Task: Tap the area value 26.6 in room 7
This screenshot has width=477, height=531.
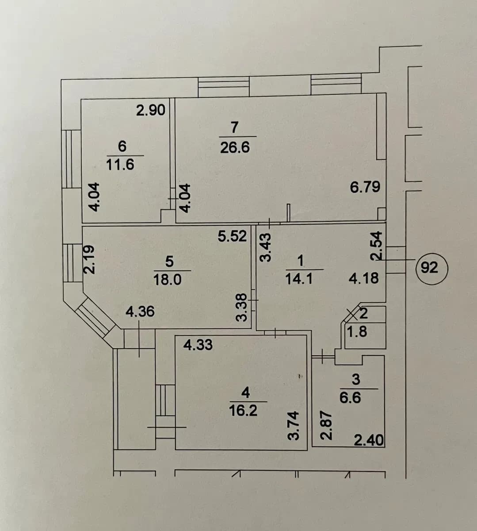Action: click(x=235, y=148)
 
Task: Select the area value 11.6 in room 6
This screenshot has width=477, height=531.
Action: click(x=120, y=165)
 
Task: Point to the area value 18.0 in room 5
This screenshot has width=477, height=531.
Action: click(x=168, y=280)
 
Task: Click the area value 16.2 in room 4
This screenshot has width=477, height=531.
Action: click(x=243, y=411)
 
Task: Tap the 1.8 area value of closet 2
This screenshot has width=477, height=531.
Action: click(x=358, y=332)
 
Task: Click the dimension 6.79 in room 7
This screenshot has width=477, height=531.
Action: click(x=365, y=187)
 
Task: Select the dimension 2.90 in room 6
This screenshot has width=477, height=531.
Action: click(x=151, y=110)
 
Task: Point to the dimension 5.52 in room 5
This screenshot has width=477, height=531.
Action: click(x=232, y=236)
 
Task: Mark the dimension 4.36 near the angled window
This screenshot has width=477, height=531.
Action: click(x=140, y=312)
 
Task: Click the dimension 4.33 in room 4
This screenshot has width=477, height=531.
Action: click(x=198, y=345)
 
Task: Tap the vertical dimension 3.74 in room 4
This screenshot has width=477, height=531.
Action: click(x=294, y=426)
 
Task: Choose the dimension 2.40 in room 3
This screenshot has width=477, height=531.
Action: click(x=369, y=441)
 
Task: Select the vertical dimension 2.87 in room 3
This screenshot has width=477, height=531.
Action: click(x=326, y=426)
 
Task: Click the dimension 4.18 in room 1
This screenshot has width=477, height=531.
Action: click(x=364, y=279)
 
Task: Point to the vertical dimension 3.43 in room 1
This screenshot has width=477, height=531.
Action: click(x=266, y=247)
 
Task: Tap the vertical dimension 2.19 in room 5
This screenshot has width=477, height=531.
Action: click(x=88, y=260)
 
